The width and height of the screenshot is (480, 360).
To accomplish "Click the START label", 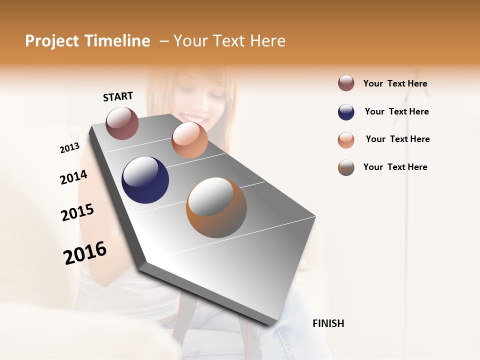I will (x=118, y=96).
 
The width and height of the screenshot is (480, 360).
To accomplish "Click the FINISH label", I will (x=328, y=323).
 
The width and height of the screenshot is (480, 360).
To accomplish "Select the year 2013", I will (x=69, y=148).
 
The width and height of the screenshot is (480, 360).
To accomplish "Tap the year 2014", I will (x=73, y=177).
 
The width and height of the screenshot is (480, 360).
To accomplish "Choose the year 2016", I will (x=85, y=253).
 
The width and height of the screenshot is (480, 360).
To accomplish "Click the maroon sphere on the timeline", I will (x=122, y=123).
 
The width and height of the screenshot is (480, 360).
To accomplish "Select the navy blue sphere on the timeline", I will (x=145, y=180).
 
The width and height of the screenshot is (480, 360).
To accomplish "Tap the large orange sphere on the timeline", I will (x=216, y=207).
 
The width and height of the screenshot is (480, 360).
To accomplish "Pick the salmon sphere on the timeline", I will (x=189, y=140).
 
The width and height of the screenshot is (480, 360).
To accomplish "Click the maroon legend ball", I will (x=346, y=83).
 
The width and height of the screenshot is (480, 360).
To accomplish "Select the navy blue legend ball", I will (x=346, y=112).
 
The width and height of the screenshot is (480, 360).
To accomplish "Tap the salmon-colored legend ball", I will (x=346, y=140).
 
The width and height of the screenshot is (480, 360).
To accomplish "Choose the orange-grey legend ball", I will (x=346, y=167).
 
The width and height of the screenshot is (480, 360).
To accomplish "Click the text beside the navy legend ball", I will (x=396, y=111).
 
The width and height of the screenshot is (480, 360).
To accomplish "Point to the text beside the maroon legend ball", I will (x=395, y=83).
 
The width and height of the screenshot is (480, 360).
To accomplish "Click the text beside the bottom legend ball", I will (x=395, y=167).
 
